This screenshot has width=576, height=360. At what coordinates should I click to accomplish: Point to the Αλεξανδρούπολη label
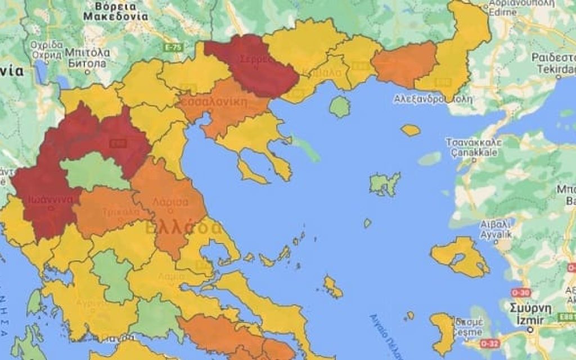[x=433, y=99]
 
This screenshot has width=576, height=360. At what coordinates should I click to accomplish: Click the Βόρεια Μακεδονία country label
[x=115, y=11]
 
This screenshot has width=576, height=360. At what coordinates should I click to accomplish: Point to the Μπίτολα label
[x=87, y=58]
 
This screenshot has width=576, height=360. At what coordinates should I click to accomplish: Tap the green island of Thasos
[x=340, y=106]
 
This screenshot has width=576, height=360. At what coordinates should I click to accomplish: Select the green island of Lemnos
[x=385, y=184]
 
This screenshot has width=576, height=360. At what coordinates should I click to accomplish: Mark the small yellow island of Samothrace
[x=411, y=130]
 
